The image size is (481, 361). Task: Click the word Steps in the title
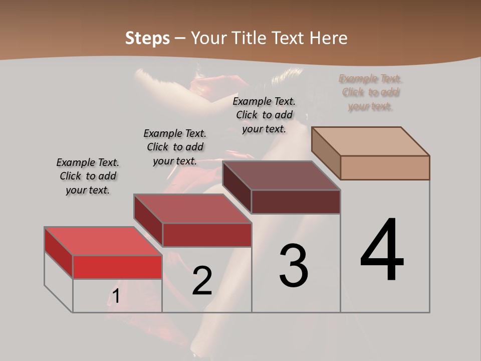(x=147, y=38)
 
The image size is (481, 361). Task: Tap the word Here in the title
(x=329, y=38)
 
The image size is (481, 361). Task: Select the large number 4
(x=382, y=250)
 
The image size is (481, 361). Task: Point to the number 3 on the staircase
(x=294, y=266)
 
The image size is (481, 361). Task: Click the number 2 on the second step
(x=202, y=281)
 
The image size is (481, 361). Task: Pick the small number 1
(x=116, y=296)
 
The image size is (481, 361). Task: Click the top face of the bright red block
(x=103, y=241)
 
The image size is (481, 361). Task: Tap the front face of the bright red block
(x=117, y=267)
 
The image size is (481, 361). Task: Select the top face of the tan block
(x=371, y=141)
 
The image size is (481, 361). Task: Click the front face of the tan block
(x=385, y=167)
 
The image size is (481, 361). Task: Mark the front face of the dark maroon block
(x=296, y=202)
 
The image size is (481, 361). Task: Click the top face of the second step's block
(x=192, y=208)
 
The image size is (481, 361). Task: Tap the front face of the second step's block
(x=206, y=235)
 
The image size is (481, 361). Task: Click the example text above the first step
(x=88, y=176)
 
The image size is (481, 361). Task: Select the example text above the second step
(x=175, y=147)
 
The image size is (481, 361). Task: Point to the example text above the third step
(x=264, y=115)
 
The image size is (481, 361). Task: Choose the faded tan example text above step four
(x=371, y=92)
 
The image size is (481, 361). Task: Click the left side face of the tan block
(x=326, y=153)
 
